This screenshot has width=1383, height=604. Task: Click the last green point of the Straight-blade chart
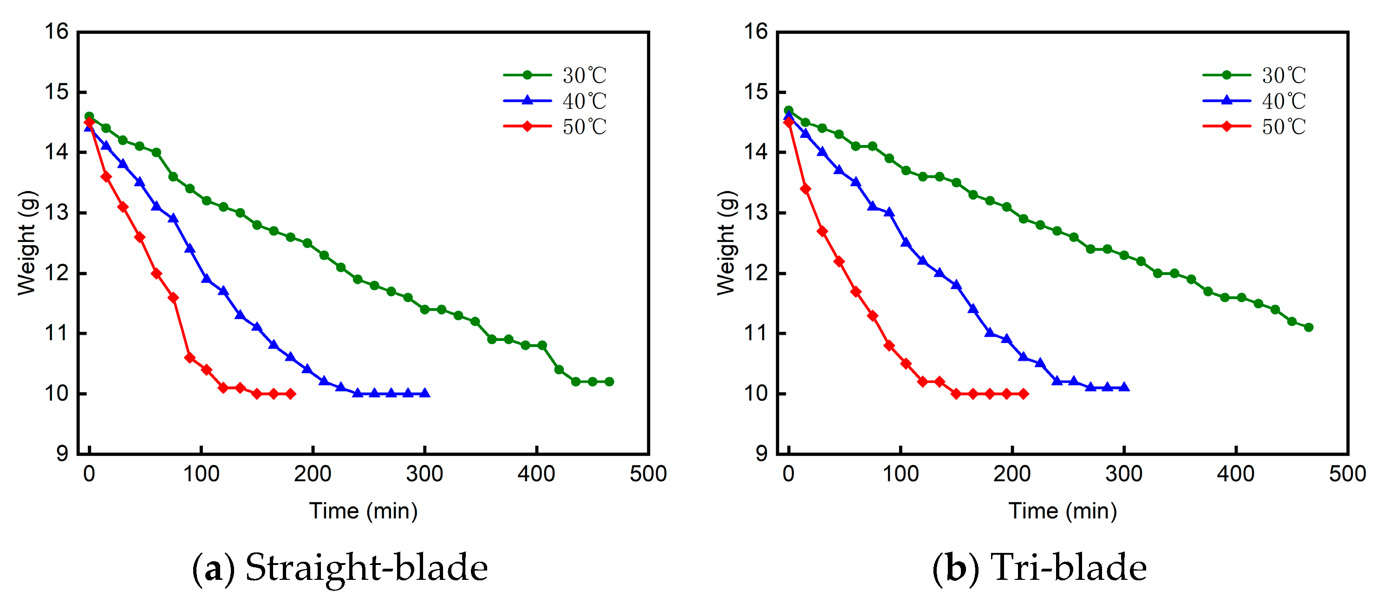(609, 382)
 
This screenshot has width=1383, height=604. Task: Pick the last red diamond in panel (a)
(290, 394)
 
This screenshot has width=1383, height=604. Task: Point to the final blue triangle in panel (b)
(1124, 387)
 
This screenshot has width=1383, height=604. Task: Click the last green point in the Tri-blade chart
(1308, 327)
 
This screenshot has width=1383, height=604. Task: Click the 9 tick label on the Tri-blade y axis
(761, 453)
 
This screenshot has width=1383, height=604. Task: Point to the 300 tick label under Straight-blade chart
(424, 474)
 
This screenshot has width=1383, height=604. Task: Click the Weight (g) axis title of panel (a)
(27, 243)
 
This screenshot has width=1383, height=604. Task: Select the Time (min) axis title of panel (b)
(1063, 511)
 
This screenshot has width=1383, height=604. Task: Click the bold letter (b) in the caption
(956, 567)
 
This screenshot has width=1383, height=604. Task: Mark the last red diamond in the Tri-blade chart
(1023, 394)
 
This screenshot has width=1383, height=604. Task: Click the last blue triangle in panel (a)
(424, 394)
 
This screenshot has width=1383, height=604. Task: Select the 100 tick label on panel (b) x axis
(900, 474)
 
